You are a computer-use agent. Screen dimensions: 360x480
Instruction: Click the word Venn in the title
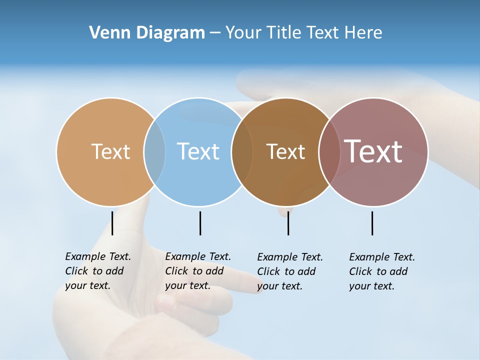[x=106, y=33]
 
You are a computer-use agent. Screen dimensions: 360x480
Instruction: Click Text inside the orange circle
[x=110, y=151]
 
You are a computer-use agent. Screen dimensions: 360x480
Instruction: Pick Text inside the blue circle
[x=198, y=151]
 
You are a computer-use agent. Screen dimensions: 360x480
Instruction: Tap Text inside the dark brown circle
[x=285, y=151]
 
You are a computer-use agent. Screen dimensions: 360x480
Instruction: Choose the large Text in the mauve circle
[x=373, y=151]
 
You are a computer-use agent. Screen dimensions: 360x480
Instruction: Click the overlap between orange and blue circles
[x=154, y=152]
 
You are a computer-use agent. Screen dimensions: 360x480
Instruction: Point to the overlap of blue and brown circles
[x=242, y=152]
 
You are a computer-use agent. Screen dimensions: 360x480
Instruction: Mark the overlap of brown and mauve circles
[x=329, y=152]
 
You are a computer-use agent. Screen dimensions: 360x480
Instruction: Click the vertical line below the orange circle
[x=112, y=223]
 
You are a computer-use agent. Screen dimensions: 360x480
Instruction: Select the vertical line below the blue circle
[x=200, y=223]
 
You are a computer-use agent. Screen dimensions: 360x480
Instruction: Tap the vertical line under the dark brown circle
[x=288, y=223]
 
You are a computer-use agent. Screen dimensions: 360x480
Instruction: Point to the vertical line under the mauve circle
[x=372, y=223]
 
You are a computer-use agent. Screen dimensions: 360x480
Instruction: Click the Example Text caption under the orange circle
[x=97, y=271]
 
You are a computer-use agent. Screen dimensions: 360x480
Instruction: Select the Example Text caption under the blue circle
[x=197, y=271]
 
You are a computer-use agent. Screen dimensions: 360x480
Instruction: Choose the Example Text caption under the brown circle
[x=289, y=271]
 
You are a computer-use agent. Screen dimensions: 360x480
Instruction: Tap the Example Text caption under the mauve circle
[x=381, y=271]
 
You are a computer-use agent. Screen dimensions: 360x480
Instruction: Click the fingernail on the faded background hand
[x=165, y=301]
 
